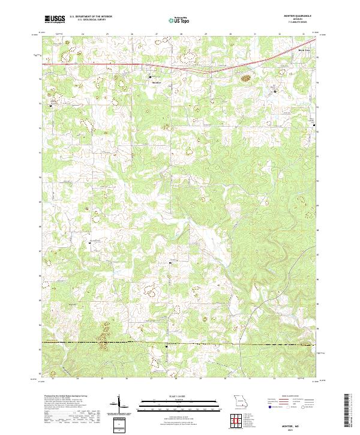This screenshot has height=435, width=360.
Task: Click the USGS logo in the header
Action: point(53,19)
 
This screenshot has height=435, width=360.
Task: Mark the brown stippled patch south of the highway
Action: point(245,77)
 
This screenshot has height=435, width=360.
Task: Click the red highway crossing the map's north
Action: point(120,64)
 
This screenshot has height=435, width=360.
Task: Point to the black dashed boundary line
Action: point(180,345)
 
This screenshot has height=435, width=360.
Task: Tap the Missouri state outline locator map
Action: point(239,400)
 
